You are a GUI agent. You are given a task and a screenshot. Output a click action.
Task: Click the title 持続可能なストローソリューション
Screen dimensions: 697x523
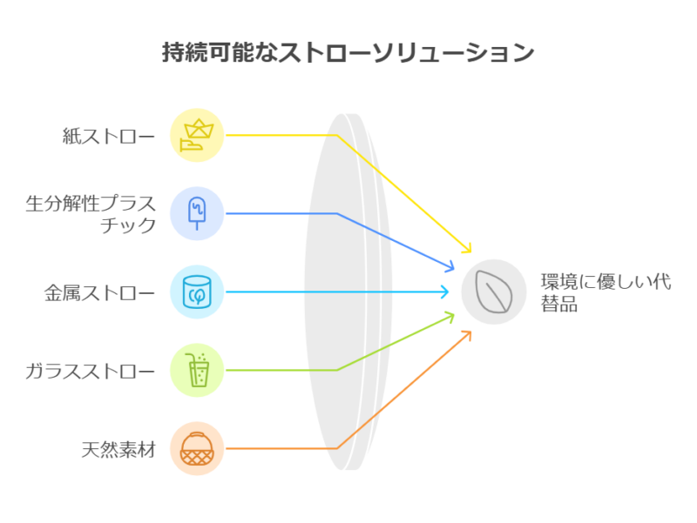point(348,52)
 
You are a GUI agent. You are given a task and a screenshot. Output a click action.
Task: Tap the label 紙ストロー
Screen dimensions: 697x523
point(108,136)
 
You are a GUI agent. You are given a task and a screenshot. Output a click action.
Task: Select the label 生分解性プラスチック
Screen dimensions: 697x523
point(91,214)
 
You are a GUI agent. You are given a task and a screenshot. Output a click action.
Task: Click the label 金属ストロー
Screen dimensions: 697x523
point(99,293)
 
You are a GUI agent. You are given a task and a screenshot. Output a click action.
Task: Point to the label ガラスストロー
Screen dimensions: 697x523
point(91,372)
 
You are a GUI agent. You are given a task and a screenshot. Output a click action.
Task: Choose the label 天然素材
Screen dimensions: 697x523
point(118,450)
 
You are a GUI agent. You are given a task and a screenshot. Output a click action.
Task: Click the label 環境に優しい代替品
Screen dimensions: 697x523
point(606,292)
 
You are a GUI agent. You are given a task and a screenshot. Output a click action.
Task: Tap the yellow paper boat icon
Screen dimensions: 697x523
point(197,135)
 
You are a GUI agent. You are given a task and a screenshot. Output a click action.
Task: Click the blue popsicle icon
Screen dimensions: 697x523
point(197,213)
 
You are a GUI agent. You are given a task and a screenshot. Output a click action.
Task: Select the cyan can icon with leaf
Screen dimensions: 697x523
point(197,292)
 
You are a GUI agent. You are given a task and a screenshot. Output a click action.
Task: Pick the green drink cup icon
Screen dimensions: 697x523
point(198,370)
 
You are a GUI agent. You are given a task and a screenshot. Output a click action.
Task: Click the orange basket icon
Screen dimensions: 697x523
point(197,448)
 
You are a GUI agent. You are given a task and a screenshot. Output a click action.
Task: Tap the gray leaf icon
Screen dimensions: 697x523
point(493,292)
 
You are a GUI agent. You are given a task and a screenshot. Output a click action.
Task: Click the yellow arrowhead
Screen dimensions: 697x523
point(467,248)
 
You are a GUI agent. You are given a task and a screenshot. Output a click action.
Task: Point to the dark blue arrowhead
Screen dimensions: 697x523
point(450,265)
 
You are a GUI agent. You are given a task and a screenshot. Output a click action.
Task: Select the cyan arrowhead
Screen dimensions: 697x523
point(444,292)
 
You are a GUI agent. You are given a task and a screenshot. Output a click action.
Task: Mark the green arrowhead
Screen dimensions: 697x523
point(450,318)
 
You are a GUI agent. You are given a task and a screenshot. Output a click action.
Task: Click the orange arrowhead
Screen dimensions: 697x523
point(467,335)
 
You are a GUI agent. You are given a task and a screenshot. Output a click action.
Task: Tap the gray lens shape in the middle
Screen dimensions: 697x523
point(348,292)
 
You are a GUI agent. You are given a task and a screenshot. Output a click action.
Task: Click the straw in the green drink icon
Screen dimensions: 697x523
point(190,359)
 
